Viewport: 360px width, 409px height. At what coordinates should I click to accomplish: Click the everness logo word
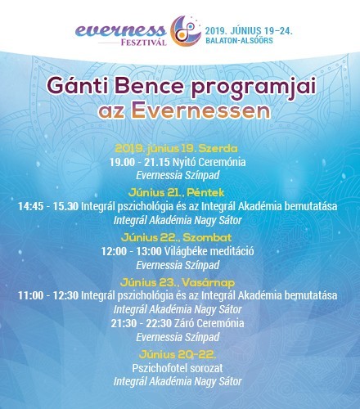[x=120, y=31]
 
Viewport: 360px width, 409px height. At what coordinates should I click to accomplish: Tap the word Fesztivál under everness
[x=144, y=43]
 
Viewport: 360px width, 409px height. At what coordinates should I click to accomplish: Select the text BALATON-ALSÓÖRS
[x=239, y=41]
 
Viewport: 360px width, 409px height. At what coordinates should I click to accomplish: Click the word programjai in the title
[x=254, y=88]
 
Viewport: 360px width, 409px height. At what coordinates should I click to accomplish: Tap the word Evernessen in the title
[x=201, y=110]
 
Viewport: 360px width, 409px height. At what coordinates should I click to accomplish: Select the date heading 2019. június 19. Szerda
[x=176, y=149]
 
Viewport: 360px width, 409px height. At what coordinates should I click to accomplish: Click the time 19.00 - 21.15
[x=140, y=162]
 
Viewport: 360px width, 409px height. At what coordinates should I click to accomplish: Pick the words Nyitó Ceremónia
[x=209, y=162]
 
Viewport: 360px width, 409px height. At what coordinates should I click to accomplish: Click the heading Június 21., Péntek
[x=176, y=193]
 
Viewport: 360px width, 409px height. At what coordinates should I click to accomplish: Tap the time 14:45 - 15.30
[x=48, y=206]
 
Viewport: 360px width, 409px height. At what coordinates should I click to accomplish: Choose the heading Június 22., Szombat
[x=176, y=237]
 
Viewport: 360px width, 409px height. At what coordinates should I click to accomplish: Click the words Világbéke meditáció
[x=209, y=251]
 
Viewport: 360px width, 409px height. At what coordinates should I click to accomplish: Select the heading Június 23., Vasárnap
[x=178, y=283]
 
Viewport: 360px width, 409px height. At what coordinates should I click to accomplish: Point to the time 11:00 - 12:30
[x=48, y=295]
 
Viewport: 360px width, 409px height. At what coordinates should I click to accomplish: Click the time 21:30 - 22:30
[x=141, y=323]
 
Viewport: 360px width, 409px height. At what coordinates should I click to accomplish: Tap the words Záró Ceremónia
[x=209, y=323]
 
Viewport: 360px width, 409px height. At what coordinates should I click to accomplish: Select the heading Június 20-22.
[x=178, y=355]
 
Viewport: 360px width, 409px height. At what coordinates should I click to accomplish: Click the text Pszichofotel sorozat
[x=178, y=368]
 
